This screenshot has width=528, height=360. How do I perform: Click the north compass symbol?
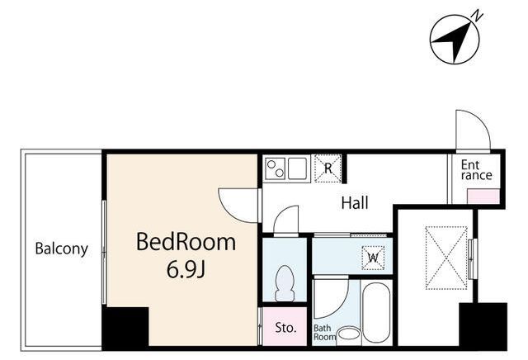pyautogui.click(x=455, y=39)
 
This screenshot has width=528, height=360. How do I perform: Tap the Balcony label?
pyautogui.click(x=62, y=249)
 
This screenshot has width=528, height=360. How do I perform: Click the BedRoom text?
pyautogui.click(x=186, y=242)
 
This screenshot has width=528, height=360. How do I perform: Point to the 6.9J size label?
pyautogui.click(x=186, y=269)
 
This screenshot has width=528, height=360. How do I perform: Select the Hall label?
pyautogui.click(x=355, y=203)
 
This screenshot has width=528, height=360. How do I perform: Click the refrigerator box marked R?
pyautogui.click(x=328, y=168)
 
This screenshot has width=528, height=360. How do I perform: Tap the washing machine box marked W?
pyautogui.click(x=373, y=258)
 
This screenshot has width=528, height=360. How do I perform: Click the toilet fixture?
pyautogui.click(x=285, y=283)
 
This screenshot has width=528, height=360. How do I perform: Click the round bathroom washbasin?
pyautogui.click(x=349, y=334)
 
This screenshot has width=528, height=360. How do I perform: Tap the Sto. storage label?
pyautogui.click(x=285, y=328)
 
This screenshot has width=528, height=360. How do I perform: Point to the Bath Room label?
pyautogui.click(x=324, y=333)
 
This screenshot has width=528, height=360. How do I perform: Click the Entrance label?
pyautogui.click(x=476, y=170)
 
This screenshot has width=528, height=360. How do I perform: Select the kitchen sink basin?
pyautogui.click(x=297, y=168)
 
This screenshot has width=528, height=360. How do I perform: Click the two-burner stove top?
pyautogui.click(x=275, y=168)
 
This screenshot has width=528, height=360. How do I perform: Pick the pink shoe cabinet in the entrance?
pyautogui.click(x=483, y=197)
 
